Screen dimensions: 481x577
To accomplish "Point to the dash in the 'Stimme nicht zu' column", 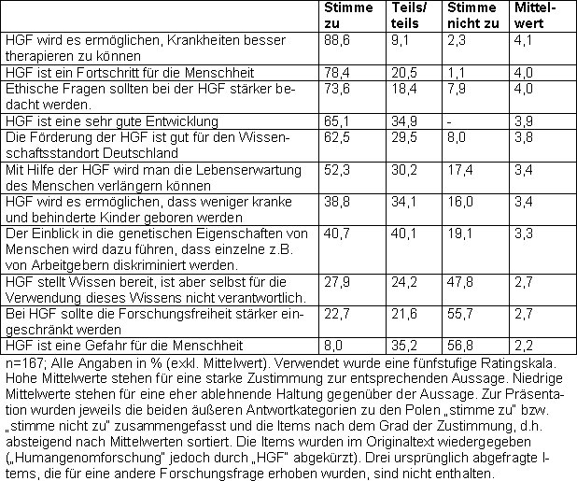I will tap(451, 121).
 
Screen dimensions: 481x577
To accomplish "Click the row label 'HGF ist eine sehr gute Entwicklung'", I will tap(111, 121).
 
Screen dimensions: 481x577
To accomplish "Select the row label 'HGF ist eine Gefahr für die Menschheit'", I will tap(124, 345).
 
